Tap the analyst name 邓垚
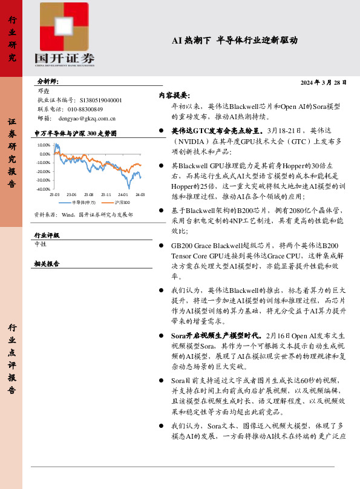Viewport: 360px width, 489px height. [x=44, y=90]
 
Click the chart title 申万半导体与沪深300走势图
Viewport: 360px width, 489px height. [x=74, y=133]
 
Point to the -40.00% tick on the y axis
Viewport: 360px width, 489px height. [x=43, y=189]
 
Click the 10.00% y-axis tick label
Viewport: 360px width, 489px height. [x=44, y=146]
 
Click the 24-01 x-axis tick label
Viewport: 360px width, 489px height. [x=123, y=194]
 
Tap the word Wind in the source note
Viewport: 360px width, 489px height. [x=68, y=214]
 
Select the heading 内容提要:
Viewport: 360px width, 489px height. [x=174, y=95]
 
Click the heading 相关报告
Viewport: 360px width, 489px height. [x=47, y=264]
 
